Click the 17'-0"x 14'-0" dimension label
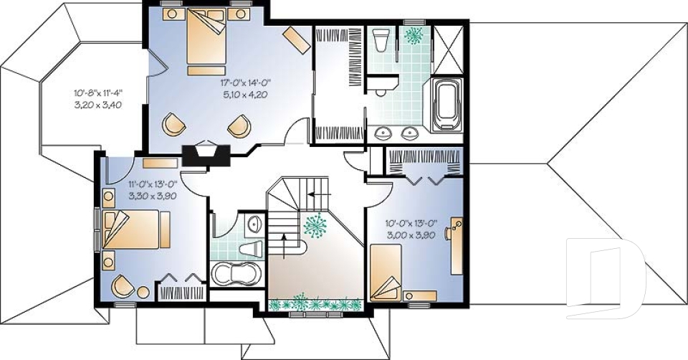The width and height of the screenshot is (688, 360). coord(246,82)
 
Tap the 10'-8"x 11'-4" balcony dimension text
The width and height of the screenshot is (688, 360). coord(98,93)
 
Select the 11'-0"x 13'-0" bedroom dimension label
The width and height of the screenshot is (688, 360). coord(153,184)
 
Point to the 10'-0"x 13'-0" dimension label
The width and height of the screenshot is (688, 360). coord(410,223)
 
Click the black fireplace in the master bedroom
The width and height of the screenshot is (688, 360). coord(206,155)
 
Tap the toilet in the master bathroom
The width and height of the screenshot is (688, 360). coord(380,39)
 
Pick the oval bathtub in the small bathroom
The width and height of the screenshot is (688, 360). coord(236,273)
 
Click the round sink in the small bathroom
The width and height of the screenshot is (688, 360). coord(254,224)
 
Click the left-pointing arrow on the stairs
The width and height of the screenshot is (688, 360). coord(320,194)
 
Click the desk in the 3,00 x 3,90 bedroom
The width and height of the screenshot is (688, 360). coord(457,246)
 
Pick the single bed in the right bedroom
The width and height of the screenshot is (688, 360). coord(386,273)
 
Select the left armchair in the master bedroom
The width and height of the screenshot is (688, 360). coord(171,124)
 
